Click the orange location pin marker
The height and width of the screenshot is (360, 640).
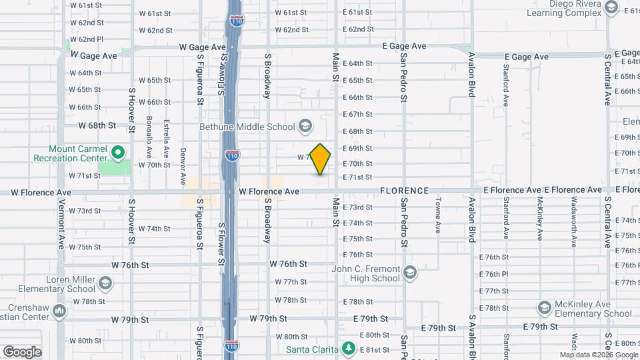[321, 159]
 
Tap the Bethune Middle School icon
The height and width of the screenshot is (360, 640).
[305, 126]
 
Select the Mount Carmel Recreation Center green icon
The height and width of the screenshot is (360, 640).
[119, 153]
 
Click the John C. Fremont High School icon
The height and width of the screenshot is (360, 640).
[410, 273]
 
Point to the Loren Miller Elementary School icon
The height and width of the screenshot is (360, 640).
[105, 284]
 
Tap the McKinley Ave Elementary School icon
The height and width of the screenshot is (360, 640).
[545, 307]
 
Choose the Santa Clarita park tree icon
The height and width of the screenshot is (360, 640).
[347, 348]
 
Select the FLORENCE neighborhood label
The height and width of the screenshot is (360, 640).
[405, 191]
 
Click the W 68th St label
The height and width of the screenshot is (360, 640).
[97, 125]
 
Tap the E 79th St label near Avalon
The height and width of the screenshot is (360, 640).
[540, 327]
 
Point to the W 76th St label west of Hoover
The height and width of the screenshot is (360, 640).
[129, 265]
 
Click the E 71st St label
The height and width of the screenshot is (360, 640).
[357, 177]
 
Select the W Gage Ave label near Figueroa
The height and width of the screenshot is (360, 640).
[203, 47]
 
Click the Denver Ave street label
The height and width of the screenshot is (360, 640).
[183, 169]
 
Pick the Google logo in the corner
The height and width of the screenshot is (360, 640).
[22, 351]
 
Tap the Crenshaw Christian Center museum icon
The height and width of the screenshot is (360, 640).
[59, 311]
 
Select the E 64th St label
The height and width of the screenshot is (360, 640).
[357, 63]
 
